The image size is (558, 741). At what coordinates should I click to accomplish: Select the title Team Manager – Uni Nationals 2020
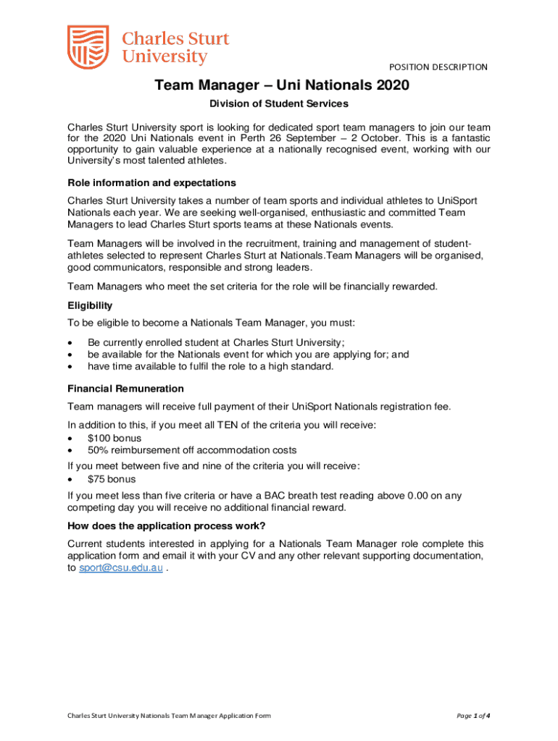281,86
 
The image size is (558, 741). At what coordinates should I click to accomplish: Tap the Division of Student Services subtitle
279,104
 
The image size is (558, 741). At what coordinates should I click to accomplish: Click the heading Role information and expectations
151,182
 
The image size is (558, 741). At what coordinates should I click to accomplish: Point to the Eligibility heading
90,306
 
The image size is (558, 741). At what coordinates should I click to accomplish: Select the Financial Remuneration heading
125,389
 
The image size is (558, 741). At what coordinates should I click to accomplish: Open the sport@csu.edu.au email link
121,569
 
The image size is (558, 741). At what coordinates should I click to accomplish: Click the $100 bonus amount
98,438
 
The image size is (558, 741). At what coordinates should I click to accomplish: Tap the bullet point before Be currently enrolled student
70,342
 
